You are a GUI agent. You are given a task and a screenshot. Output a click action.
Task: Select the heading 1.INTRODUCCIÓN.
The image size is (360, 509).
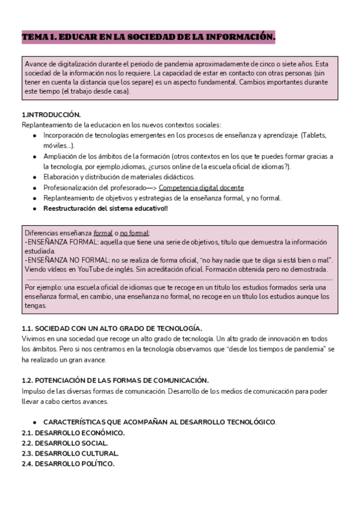[x=51, y=115]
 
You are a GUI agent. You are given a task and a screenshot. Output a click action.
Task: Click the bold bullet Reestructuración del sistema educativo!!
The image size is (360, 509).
[x=105, y=208]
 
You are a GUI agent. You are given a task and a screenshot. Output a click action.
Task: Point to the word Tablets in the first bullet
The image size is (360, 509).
[x=320, y=135]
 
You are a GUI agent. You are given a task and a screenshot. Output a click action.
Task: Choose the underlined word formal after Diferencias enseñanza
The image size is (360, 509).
[x=103, y=233]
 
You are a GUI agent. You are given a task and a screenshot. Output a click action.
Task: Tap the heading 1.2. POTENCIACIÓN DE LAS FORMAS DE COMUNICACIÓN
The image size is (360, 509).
[x=115, y=380]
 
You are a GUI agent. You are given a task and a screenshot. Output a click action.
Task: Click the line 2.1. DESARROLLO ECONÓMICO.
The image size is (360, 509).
[x=73, y=433]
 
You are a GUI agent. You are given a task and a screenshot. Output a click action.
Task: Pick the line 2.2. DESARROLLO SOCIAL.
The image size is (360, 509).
[x=65, y=443]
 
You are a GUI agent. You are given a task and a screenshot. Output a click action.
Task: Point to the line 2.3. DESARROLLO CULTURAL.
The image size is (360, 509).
[x=70, y=453]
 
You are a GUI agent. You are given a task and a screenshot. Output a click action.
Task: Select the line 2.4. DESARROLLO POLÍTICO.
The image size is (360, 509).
[x=68, y=464]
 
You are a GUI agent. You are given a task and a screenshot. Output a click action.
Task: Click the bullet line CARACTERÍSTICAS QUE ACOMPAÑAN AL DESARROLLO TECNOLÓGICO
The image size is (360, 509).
[x=160, y=422]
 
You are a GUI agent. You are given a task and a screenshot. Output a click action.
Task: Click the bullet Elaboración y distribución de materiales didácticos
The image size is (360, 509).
[x=119, y=177]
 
